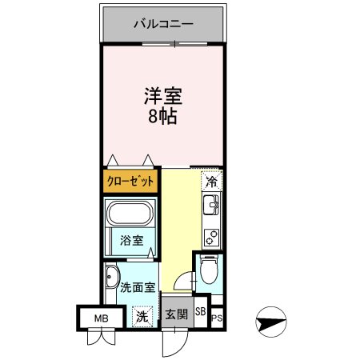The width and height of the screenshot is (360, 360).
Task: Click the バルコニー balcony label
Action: [162, 24]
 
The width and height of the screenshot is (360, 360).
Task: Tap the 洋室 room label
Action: [163, 98]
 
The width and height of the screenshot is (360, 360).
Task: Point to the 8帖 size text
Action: [162, 118]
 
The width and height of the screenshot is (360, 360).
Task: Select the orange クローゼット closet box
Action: [130, 181]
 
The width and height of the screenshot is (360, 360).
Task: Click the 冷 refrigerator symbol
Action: [210, 182]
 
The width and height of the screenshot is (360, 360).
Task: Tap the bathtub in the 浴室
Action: [130, 214]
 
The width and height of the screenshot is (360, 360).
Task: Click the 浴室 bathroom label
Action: [130, 239]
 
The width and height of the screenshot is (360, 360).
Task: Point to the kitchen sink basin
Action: [212, 210]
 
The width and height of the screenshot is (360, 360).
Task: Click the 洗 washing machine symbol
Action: [142, 315]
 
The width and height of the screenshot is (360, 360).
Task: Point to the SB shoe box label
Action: [200, 313]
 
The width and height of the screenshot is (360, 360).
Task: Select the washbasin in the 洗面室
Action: [110, 279]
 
